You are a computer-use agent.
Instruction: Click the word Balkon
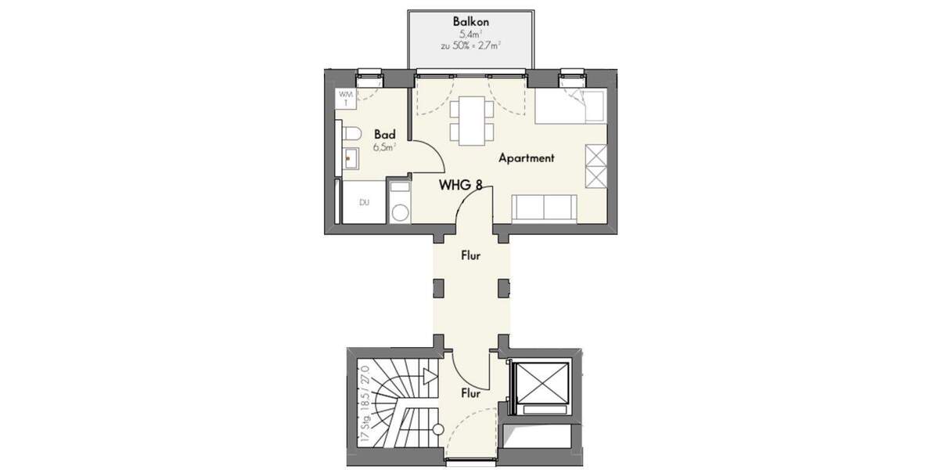pyautogui.click(x=471, y=22)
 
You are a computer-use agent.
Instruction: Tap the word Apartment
pyautogui.click(x=527, y=158)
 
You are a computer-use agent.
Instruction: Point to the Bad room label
pyautogui.click(x=383, y=134)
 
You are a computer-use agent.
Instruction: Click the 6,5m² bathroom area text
pyautogui.click(x=384, y=146)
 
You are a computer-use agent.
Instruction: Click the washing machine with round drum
pyautogui.click(x=400, y=210)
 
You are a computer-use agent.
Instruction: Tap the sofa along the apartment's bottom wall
pyautogui.click(x=545, y=208)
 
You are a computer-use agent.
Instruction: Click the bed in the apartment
pyautogui.click(x=570, y=107)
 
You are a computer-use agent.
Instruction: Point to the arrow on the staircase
pyautogui.click(x=428, y=377)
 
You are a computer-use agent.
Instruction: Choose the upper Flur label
pyautogui.click(x=470, y=255)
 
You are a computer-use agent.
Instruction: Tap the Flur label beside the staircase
pyautogui.click(x=470, y=393)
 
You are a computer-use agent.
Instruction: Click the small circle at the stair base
pyautogui.click(x=438, y=429)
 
